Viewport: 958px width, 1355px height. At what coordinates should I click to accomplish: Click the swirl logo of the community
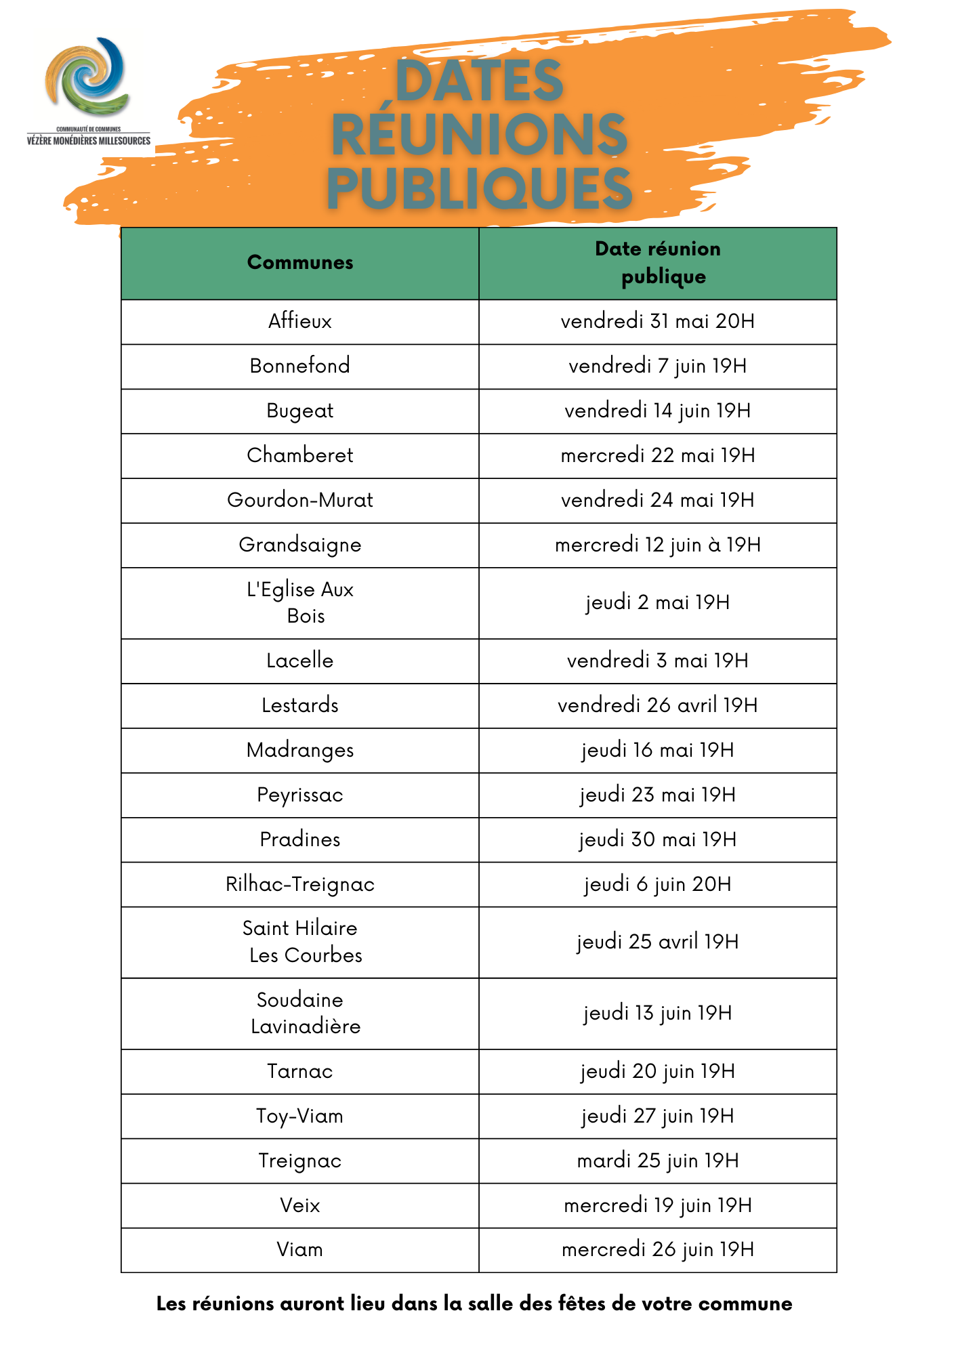click(x=87, y=77)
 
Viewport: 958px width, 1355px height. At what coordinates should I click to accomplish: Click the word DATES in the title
click(x=479, y=81)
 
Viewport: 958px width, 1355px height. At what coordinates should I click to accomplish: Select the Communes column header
click(x=300, y=263)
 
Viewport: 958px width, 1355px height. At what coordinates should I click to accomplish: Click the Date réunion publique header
click(x=657, y=263)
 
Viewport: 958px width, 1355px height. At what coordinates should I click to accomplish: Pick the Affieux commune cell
click(x=300, y=321)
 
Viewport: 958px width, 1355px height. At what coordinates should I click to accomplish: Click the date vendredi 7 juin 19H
click(x=657, y=366)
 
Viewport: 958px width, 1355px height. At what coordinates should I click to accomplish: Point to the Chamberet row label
click(x=300, y=455)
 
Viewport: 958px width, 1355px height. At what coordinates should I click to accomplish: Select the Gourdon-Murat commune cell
click(x=300, y=500)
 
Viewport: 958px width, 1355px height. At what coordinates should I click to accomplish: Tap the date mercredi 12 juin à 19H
click(x=657, y=545)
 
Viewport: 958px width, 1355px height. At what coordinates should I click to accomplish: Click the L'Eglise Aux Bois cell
click(x=300, y=602)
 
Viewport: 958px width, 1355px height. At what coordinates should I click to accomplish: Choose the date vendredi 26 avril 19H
click(x=657, y=705)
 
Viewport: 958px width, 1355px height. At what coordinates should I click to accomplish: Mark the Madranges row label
click(x=300, y=750)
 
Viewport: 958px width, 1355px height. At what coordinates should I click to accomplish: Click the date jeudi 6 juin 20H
click(x=657, y=884)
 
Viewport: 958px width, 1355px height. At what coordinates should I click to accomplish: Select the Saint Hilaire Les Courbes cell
click(x=300, y=942)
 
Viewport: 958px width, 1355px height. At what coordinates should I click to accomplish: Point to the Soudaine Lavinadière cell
click(x=300, y=1013)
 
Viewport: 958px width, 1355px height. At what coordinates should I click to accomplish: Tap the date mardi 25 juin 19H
click(x=657, y=1161)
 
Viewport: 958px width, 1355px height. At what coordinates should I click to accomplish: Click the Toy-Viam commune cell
click(x=300, y=1116)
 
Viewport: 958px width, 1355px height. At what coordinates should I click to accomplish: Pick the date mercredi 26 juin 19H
click(x=657, y=1249)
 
